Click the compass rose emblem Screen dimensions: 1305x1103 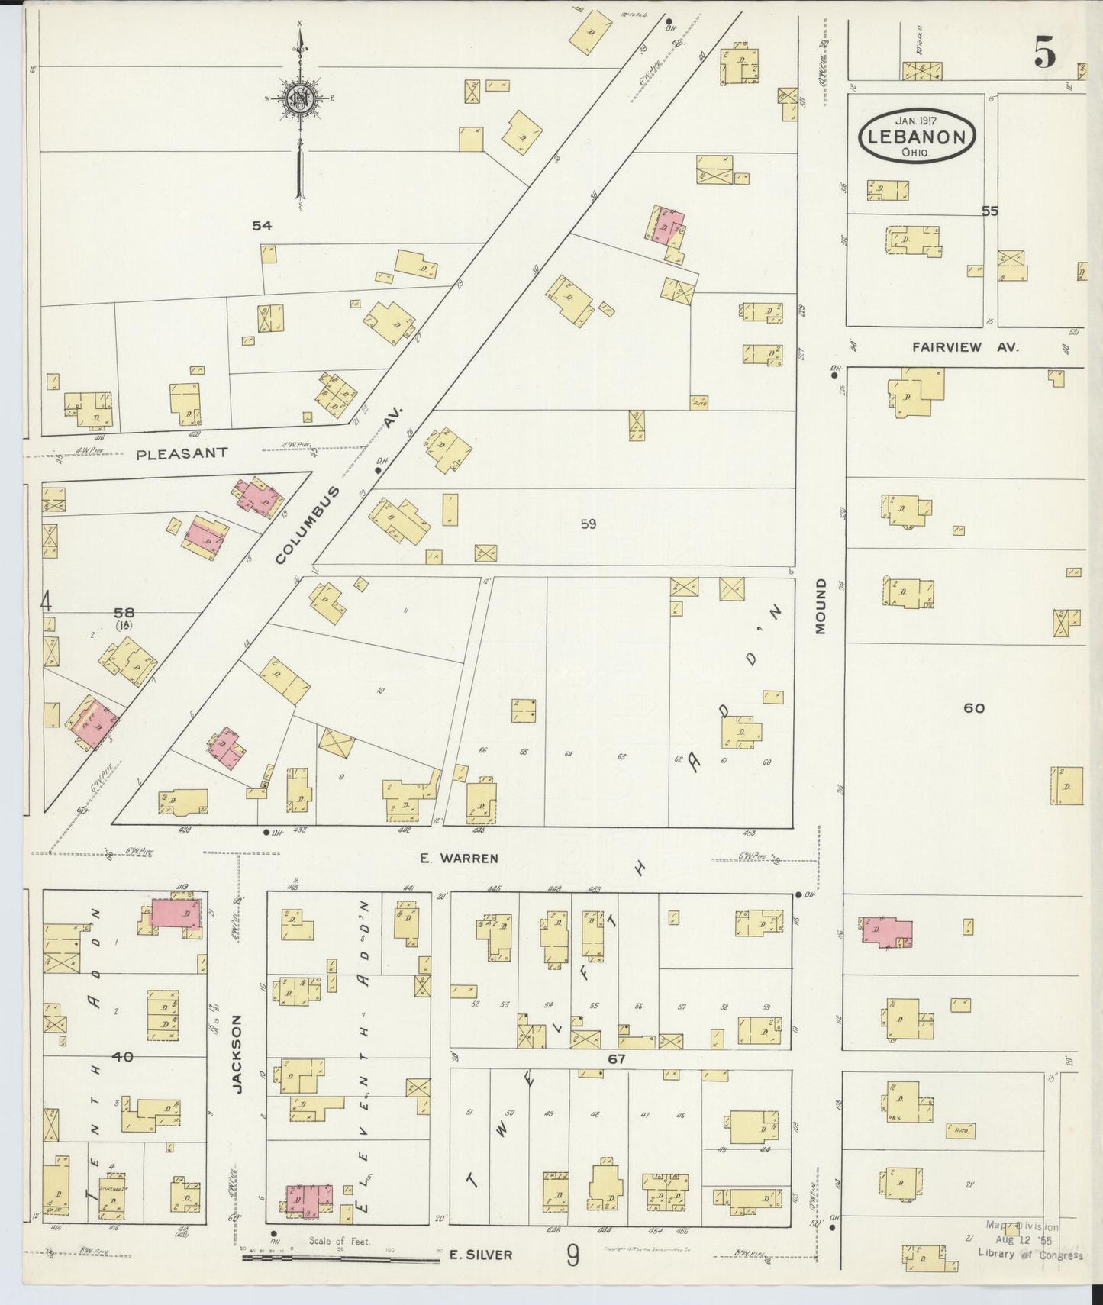pos(300,98)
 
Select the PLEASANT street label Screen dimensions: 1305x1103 pos(182,453)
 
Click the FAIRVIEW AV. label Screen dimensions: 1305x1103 pos(965,346)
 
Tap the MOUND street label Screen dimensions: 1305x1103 pos(821,606)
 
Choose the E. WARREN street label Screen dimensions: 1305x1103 pos(460,858)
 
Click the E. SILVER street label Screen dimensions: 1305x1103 pos(480,1255)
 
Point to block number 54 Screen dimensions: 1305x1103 pos(262,225)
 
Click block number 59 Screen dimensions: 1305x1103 pos(588,524)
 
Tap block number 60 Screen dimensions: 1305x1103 pos(973,707)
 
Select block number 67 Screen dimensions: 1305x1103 pos(617,1059)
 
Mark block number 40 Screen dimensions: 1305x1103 pos(123,1056)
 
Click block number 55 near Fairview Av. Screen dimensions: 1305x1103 pos(989,211)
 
